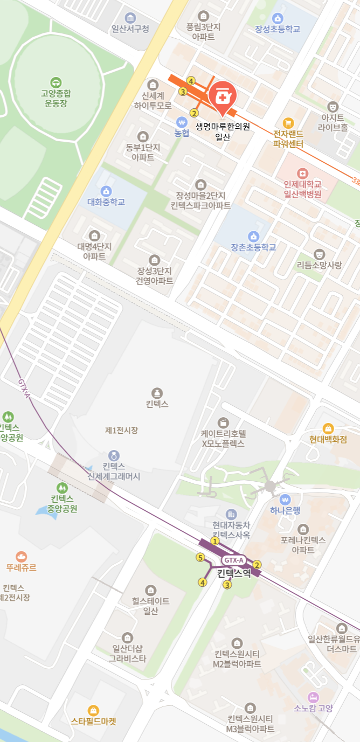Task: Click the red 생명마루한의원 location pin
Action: point(222,97)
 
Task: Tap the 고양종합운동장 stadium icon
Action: point(56,82)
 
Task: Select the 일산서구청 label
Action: point(130,29)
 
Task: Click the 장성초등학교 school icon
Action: point(278,18)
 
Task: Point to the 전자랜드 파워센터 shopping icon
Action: point(288,123)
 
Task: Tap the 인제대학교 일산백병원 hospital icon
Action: point(303,173)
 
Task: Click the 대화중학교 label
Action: point(106,202)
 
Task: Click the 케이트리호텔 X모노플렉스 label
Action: point(223,439)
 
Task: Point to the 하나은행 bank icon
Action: point(285,499)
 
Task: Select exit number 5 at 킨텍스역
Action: point(200,557)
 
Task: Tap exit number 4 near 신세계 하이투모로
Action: point(191,81)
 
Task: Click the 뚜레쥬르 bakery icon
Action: point(22,556)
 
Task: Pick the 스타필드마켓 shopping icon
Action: point(93,710)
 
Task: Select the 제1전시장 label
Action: point(121,430)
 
